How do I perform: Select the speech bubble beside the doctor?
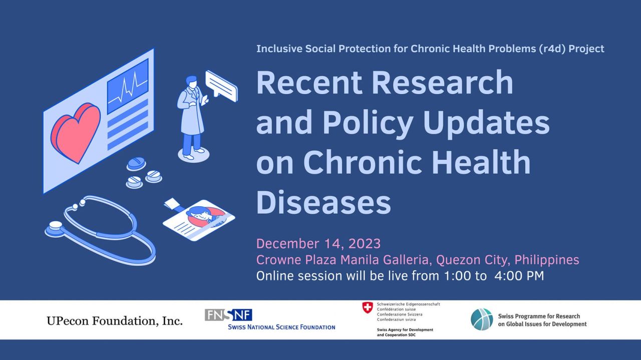tap(221, 86)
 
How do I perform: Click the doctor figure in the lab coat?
tap(191, 118)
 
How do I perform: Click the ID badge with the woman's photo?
tap(199, 220)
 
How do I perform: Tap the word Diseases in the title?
tap(323, 203)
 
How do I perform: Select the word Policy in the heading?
tap(368, 123)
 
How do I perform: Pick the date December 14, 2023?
tap(318, 244)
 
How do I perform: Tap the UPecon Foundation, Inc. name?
tap(115, 321)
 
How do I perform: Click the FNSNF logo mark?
tap(228, 315)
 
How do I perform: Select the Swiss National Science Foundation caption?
tap(281, 327)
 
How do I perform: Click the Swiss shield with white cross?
tap(368, 307)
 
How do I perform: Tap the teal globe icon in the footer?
tap(482, 319)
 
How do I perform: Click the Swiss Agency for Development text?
tap(405, 332)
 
